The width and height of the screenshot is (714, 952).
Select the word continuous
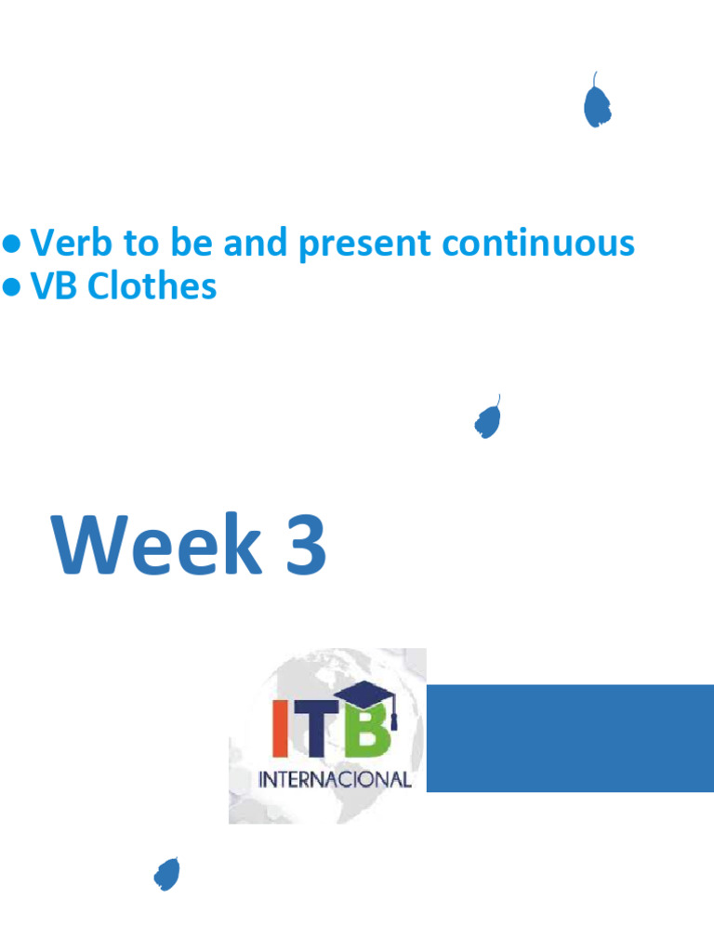click(x=538, y=244)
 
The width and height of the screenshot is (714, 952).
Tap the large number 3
click(x=303, y=546)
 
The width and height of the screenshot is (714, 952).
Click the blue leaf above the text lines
click(x=597, y=104)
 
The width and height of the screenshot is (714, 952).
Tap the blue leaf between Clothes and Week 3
click(x=487, y=420)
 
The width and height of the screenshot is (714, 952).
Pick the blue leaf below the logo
click(x=166, y=874)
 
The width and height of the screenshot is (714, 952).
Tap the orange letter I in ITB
click(x=280, y=730)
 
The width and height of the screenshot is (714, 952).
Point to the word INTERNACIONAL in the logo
click(x=335, y=779)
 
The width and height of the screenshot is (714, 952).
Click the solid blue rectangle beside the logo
click(x=569, y=738)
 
